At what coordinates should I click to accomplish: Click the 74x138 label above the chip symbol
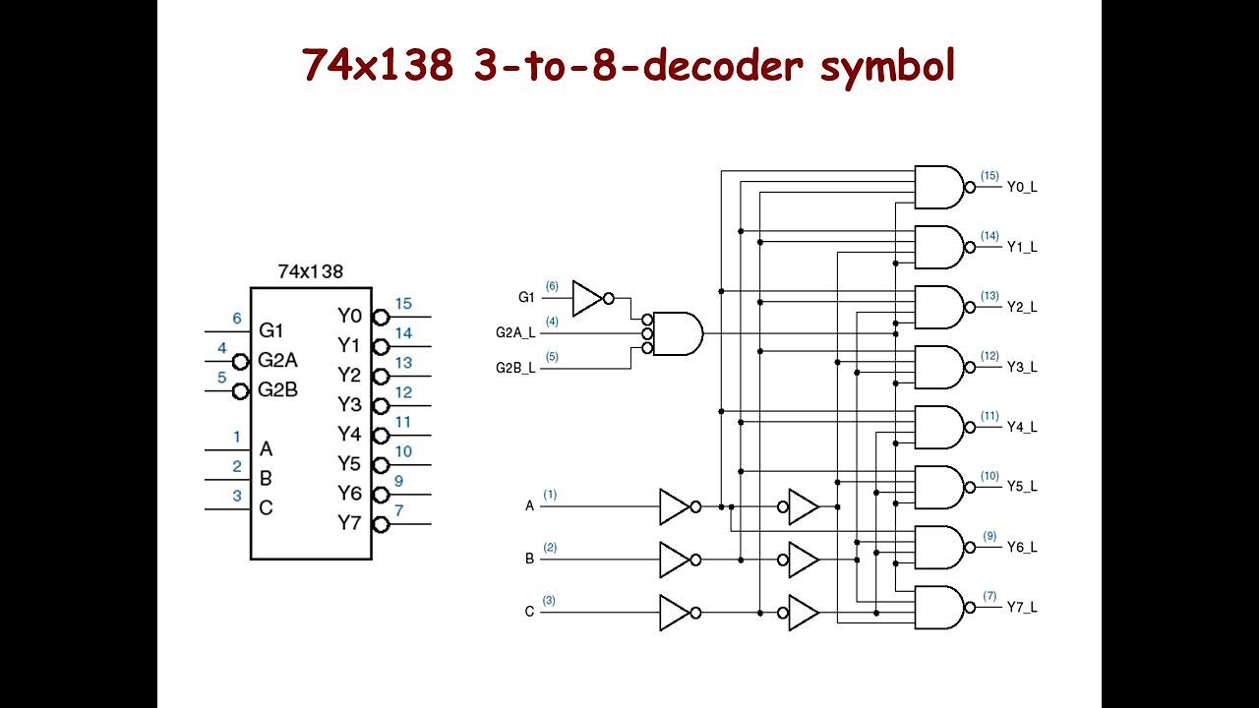[310, 270]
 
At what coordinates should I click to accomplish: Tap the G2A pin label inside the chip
[277, 361]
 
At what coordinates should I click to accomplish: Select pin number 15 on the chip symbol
[403, 304]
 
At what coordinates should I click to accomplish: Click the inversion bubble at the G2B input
[240, 391]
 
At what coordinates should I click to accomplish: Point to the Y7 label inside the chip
[349, 522]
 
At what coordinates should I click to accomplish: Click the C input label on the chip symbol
[266, 508]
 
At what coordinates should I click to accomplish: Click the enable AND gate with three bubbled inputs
[677, 333]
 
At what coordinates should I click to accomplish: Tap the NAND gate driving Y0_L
[940, 187]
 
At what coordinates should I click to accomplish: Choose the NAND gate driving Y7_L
[940, 608]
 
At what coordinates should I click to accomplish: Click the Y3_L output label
[1021, 367]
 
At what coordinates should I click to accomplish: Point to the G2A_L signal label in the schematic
[515, 332]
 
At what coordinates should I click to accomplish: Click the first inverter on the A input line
[676, 506]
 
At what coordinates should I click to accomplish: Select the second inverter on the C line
[803, 613]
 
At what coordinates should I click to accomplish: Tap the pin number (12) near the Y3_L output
[989, 356]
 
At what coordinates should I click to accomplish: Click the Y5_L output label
[1021, 487]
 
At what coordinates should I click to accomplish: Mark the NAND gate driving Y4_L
[940, 427]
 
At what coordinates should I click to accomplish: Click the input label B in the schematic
[529, 559]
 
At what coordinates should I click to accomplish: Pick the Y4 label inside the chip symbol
[349, 434]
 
